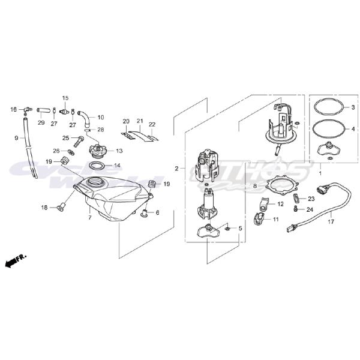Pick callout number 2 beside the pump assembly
pos(176,168)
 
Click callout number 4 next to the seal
pos(354,128)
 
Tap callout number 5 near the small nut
pos(240,229)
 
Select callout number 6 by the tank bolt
pos(157,212)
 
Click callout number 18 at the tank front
pos(44,208)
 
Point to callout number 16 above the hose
pos(13,109)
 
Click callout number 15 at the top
pos(65,98)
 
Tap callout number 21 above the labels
pos(139,121)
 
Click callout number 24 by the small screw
pos(310,209)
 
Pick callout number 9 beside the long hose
pos(16,138)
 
